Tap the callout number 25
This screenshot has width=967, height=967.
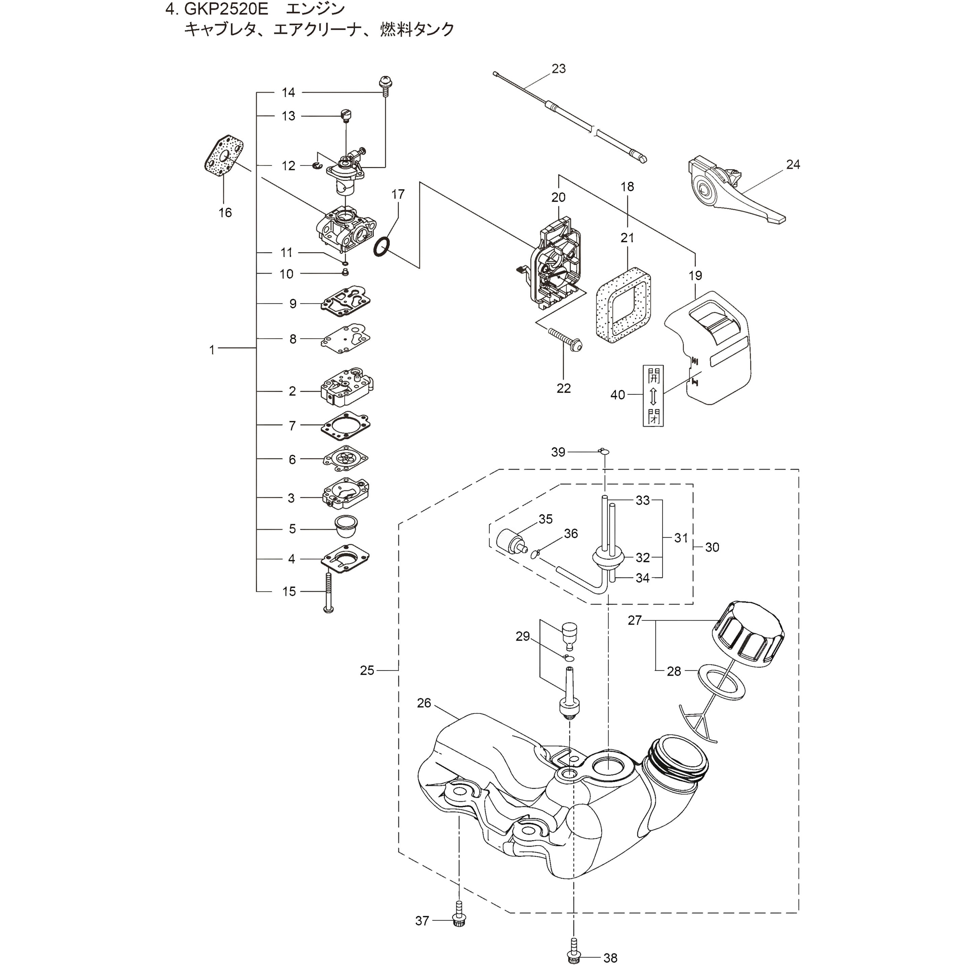[367, 670]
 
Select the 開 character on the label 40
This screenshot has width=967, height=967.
[653, 375]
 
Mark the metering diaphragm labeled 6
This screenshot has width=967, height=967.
[345, 458]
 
